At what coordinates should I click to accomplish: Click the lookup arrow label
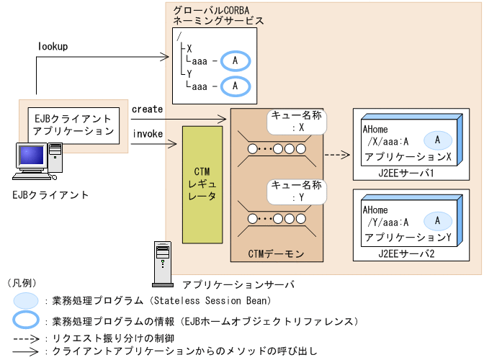point(53,46)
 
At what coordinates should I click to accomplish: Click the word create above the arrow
point(147,108)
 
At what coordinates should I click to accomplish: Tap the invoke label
point(147,133)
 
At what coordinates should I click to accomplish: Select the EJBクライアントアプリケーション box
point(73,125)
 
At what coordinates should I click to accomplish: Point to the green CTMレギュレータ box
point(202,184)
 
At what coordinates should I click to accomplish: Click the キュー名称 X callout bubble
point(296,122)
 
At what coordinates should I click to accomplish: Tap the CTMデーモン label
point(276,253)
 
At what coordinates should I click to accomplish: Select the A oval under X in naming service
point(236,62)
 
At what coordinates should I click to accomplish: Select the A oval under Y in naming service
point(236,86)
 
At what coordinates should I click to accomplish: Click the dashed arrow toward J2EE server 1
point(336,153)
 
